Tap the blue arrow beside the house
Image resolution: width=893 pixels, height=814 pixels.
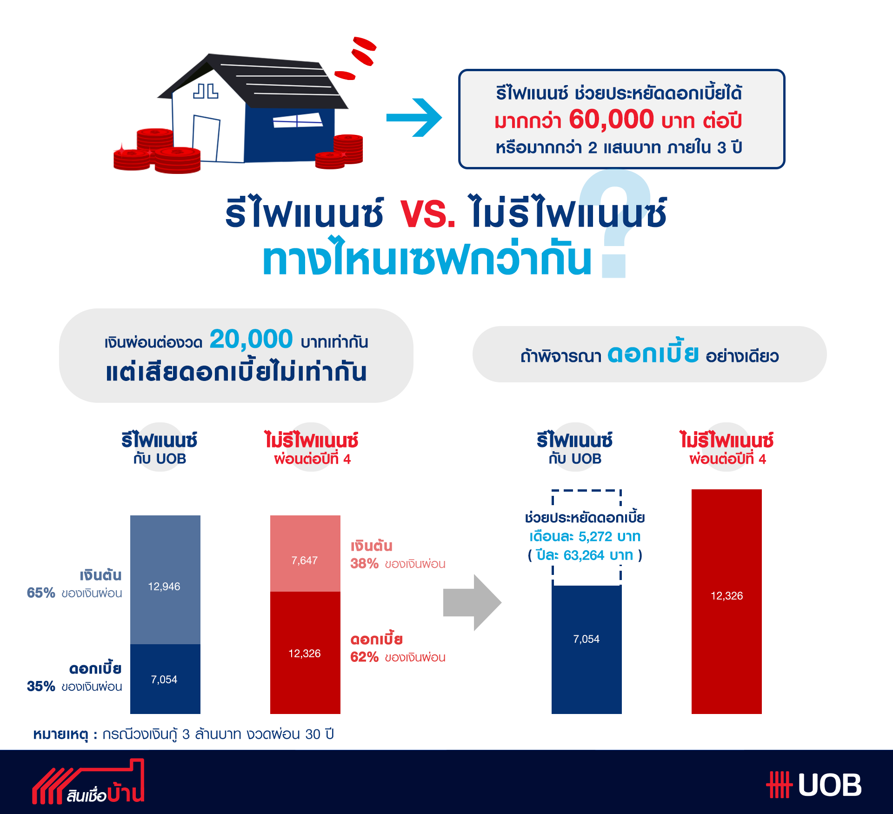pyautogui.click(x=414, y=118)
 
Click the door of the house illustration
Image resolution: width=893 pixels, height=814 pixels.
pyautogui.click(x=206, y=139)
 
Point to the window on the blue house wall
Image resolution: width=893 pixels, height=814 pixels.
pyautogui.click(x=297, y=120)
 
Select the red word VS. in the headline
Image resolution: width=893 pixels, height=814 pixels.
pyautogui.click(x=428, y=214)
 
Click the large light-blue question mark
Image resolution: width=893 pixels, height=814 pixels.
pyautogui.click(x=615, y=223)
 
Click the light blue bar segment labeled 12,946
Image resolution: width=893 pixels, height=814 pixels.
pyautogui.click(x=165, y=580)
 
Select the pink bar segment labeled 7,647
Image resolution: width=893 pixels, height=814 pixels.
pyautogui.click(x=305, y=554)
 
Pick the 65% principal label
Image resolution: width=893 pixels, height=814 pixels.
pyautogui.click(x=41, y=593)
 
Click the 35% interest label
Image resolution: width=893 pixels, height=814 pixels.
pyautogui.click(x=41, y=686)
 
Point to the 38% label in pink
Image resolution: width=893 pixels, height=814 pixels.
pyautogui.click(x=364, y=563)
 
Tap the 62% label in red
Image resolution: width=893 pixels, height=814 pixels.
pyautogui.click(x=364, y=657)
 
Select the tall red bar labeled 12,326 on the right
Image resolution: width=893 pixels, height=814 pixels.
pyautogui.click(x=726, y=601)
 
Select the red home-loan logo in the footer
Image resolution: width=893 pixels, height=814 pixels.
pyautogui.click(x=88, y=782)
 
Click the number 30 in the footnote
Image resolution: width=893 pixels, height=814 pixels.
pyautogui.click(x=313, y=734)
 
